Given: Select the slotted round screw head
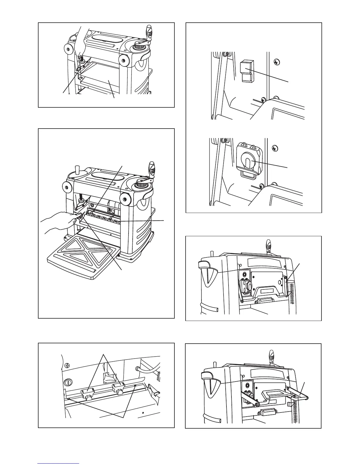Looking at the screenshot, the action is pos(68,382).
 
